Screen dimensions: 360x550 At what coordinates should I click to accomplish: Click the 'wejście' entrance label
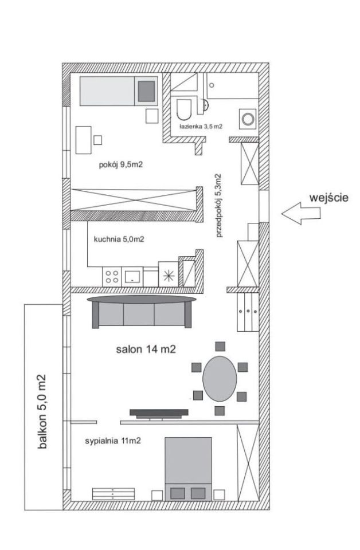point(329,198)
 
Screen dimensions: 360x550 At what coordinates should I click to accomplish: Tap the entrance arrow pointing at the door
point(301,213)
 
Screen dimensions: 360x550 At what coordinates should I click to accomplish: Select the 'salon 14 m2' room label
point(146,349)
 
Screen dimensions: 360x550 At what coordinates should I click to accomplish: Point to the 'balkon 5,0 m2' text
point(42,412)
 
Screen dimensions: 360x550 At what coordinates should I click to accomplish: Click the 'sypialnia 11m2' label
point(112,441)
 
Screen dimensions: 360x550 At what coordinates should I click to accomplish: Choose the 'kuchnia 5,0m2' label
point(119,239)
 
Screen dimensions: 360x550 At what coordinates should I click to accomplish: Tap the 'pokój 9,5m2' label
point(121,164)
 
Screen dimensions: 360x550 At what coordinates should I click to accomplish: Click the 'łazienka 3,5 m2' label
point(201,127)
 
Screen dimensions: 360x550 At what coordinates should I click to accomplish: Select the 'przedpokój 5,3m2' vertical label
point(220,206)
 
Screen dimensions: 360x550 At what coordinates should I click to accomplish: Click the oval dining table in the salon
point(220,379)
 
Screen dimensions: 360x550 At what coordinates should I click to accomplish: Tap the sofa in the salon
point(142,312)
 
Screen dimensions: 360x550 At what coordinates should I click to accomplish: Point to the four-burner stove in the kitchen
point(112,276)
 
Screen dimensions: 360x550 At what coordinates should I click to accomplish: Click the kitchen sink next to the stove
point(132,276)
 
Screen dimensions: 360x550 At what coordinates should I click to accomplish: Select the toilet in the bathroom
point(184,109)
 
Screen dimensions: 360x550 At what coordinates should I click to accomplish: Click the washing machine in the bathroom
point(248,119)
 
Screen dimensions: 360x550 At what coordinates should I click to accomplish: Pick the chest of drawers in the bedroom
point(114,494)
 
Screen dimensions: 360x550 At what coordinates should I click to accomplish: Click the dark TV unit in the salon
point(159,414)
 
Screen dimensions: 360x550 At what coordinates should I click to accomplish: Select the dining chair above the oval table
point(220,346)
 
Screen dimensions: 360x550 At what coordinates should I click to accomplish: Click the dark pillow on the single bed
point(147,91)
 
